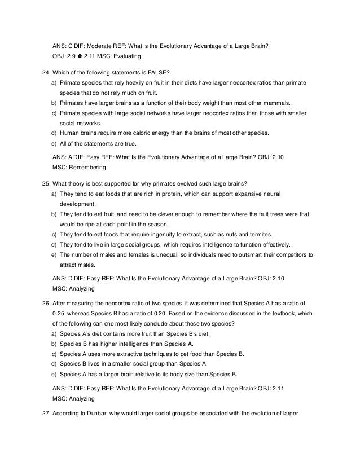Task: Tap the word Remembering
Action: pos(86,168)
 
